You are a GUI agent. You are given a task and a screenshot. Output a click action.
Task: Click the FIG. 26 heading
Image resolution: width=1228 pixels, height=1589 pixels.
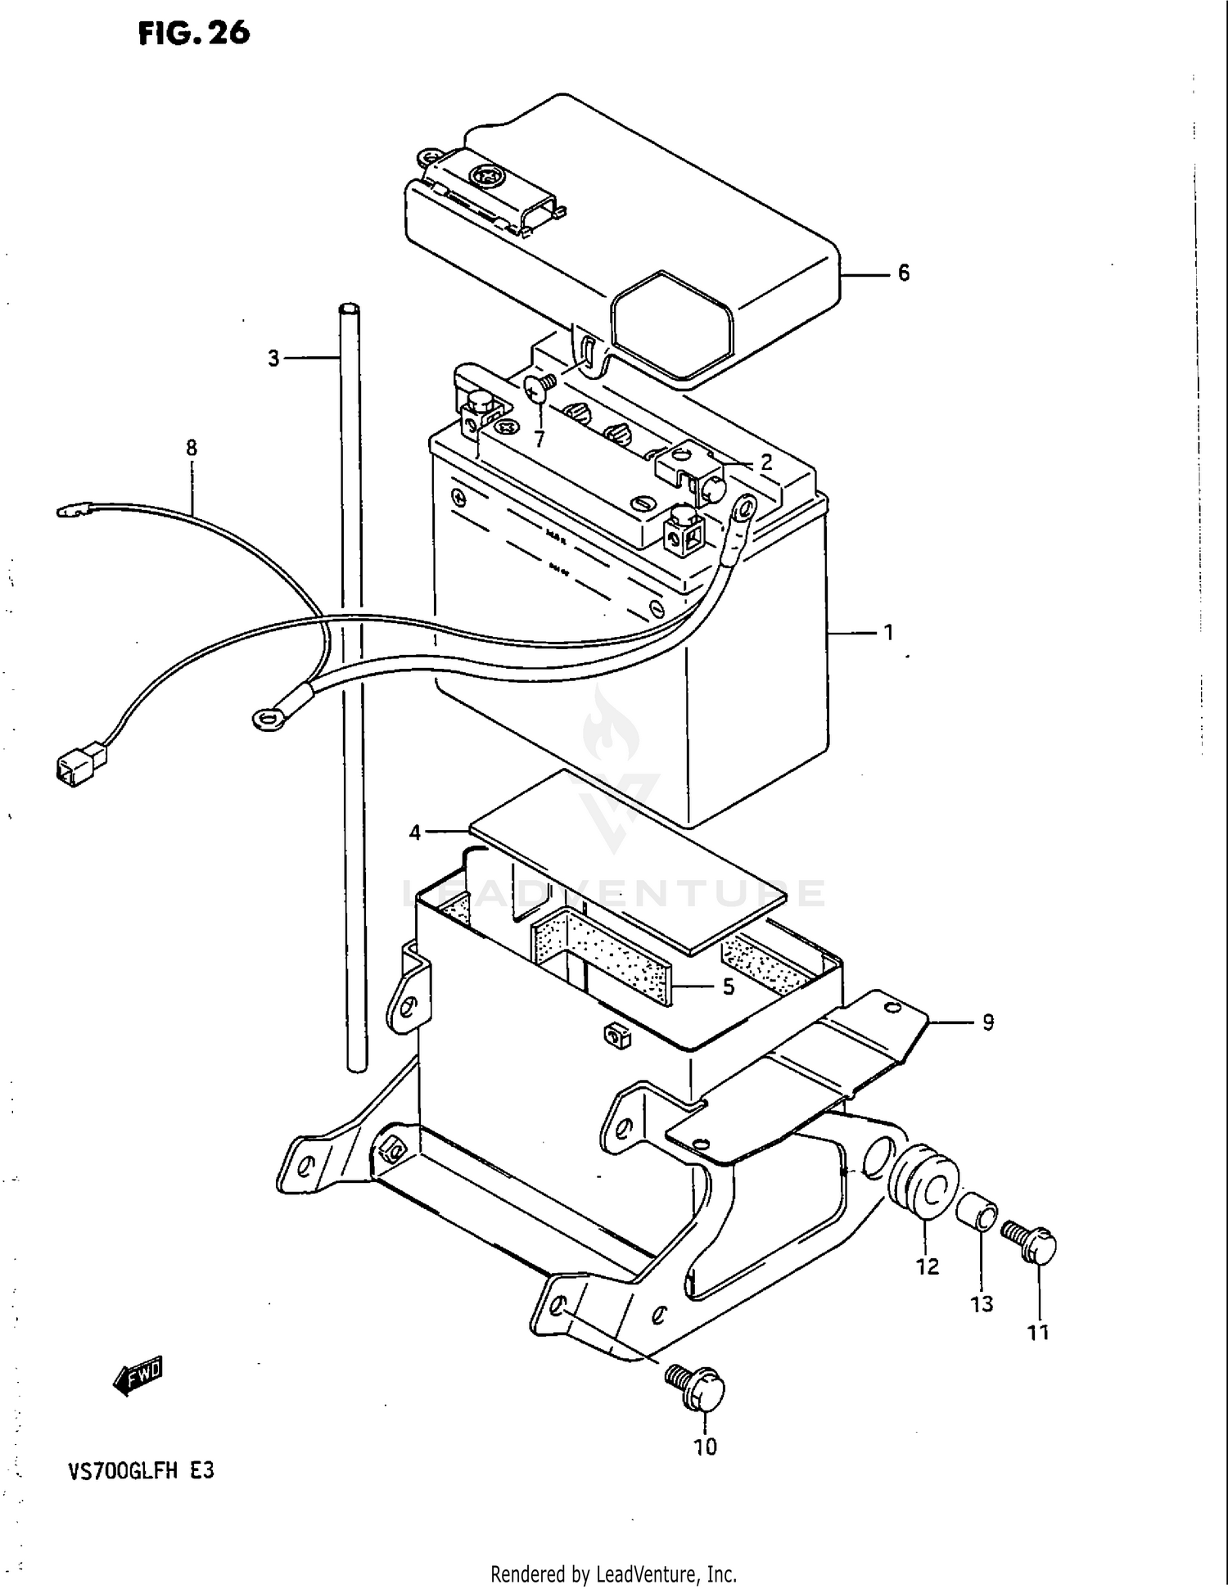click(193, 33)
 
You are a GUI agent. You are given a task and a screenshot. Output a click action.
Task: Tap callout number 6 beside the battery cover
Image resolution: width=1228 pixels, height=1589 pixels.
click(903, 273)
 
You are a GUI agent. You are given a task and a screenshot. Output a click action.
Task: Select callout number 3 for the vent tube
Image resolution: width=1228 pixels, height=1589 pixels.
click(273, 359)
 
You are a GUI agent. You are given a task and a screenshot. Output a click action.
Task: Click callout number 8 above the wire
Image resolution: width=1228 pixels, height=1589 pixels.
click(192, 448)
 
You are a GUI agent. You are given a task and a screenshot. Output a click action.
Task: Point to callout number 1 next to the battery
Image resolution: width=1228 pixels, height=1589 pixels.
click(888, 633)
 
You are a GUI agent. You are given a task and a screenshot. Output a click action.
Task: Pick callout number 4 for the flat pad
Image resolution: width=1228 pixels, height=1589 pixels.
click(415, 833)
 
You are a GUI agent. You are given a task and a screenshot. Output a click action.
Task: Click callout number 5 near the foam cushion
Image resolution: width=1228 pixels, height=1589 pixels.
click(729, 987)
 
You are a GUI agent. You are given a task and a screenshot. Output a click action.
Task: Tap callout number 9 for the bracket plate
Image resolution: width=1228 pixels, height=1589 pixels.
click(987, 1022)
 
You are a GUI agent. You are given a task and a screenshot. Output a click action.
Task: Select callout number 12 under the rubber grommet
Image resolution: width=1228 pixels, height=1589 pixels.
click(927, 1266)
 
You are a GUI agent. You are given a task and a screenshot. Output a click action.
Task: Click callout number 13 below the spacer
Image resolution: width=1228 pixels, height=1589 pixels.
click(982, 1304)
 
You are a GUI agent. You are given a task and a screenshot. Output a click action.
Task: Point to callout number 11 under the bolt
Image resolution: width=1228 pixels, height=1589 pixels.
click(1037, 1334)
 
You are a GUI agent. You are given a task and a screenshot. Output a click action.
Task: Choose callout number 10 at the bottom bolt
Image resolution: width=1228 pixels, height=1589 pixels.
click(705, 1447)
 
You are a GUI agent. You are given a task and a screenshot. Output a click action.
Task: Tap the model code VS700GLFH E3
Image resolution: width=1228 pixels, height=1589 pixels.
click(141, 1471)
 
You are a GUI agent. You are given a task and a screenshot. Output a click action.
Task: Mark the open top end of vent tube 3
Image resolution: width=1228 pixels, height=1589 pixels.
click(349, 309)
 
